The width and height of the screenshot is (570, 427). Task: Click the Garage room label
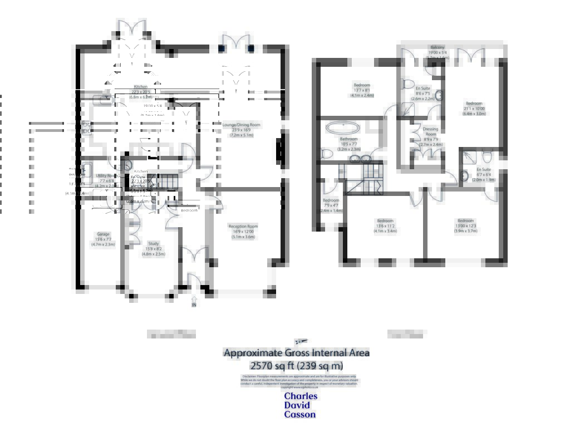pyautogui.click(x=102, y=239)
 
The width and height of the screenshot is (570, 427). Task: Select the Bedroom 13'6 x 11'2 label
pyautogui.click(x=385, y=225)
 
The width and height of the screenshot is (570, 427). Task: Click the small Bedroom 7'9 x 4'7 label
pyautogui.click(x=331, y=205)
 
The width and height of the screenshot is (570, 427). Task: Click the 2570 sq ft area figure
pyautogui.click(x=296, y=366)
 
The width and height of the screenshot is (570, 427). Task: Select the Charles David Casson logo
pyautogui.click(x=301, y=405)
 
